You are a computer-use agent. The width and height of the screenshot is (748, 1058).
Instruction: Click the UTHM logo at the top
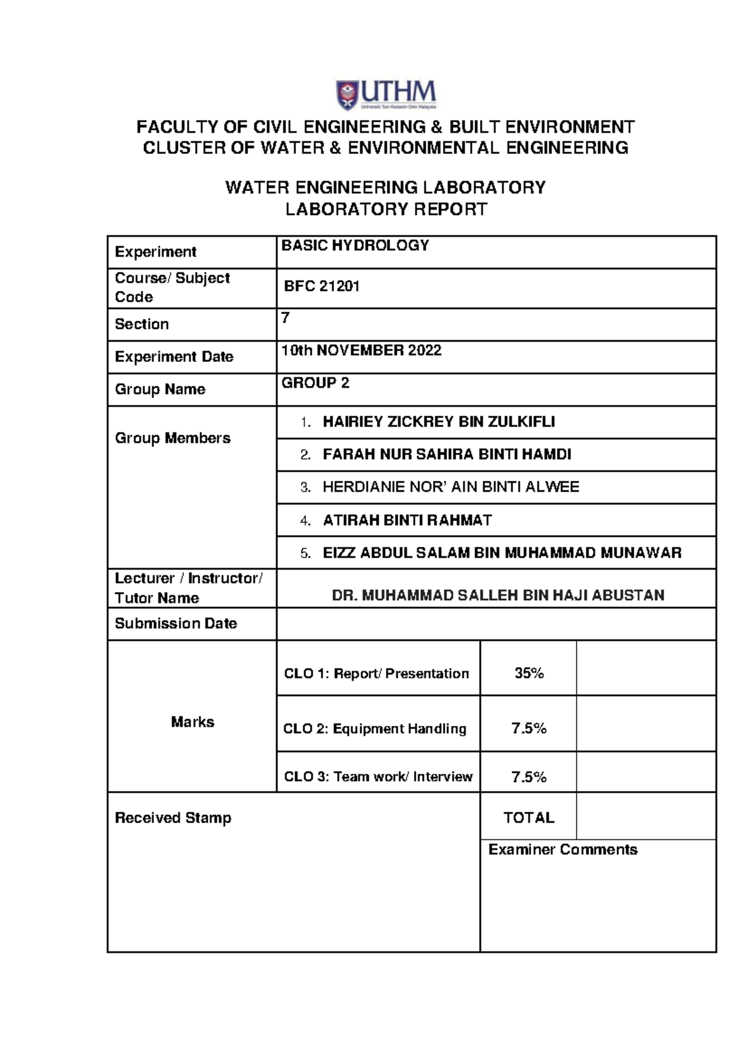tap(386, 95)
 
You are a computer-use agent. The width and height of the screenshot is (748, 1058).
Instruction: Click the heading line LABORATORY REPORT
tap(386, 209)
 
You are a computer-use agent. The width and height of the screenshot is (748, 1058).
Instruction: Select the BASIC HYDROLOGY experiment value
tap(355, 245)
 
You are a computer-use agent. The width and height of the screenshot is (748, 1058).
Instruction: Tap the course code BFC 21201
tap(322, 287)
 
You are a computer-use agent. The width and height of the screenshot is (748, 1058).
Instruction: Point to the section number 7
tap(285, 318)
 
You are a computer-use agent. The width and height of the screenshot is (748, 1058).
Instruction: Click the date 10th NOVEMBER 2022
tap(361, 351)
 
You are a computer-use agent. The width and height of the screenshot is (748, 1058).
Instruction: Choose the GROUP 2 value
tap(315, 383)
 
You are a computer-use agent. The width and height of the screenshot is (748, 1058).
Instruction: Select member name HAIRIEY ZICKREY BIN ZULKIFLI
tap(438, 422)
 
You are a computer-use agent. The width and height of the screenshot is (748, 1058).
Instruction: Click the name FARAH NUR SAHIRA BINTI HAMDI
tap(446, 455)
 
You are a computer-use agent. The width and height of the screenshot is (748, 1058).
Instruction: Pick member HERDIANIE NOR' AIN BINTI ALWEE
tap(450, 487)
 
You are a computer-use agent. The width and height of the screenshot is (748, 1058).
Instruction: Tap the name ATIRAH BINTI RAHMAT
tap(407, 520)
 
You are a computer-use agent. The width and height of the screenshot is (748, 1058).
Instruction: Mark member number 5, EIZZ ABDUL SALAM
tap(501, 553)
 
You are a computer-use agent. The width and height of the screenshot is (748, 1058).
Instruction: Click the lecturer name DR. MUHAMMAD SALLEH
tap(497, 596)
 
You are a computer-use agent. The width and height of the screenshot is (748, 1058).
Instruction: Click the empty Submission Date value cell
tap(496, 624)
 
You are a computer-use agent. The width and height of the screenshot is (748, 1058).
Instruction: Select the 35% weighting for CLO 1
tap(529, 674)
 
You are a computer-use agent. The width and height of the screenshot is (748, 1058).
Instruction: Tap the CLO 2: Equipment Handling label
tap(375, 729)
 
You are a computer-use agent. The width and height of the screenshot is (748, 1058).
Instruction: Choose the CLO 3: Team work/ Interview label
tap(378, 777)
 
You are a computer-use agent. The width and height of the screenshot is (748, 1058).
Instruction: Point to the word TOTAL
tap(529, 818)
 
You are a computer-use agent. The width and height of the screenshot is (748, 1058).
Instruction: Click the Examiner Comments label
tap(562, 850)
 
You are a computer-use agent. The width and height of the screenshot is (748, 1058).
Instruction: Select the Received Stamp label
tap(173, 818)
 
